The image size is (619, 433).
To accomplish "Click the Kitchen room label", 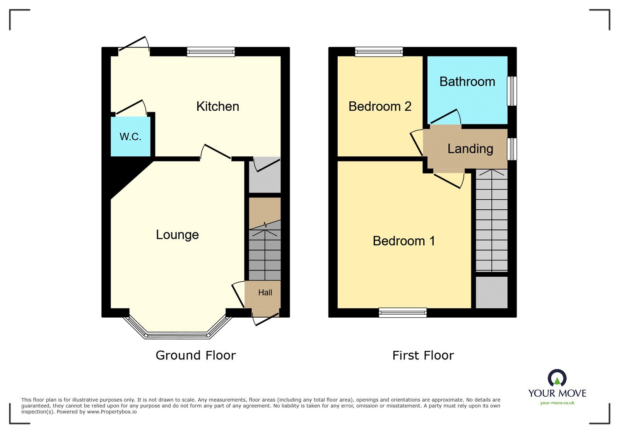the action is pyautogui.click(x=218, y=106).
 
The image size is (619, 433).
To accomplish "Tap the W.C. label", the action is pyautogui.click(x=130, y=137).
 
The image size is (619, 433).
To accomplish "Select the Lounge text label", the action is pyautogui.click(x=178, y=235).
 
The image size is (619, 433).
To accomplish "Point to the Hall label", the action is pyautogui.click(x=265, y=293).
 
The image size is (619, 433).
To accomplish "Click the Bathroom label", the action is pyautogui.click(x=467, y=82).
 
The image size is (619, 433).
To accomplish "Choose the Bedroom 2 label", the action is pyautogui.click(x=380, y=106).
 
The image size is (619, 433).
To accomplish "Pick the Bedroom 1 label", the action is pyautogui.click(x=404, y=241).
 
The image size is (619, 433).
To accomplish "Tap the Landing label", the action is pyautogui.click(x=470, y=149).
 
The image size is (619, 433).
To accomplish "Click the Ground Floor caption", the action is pyautogui.click(x=196, y=355).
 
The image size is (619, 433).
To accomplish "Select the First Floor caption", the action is pyautogui.click(x=423, y=355).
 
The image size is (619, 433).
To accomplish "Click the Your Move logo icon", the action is pyautogui.click(x=557, y=377).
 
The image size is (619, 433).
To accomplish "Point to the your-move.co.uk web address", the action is pyautogui.click(x=557, y=403).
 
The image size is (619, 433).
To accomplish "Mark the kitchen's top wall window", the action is pyautogui.click(x=211, y=52).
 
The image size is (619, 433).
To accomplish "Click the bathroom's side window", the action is pyautogui.click(x=512, y=91).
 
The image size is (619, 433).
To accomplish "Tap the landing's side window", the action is pyautogui.click(x=512, y=149).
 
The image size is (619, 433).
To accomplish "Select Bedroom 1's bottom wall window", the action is pyautogui.click(x=403, y=313).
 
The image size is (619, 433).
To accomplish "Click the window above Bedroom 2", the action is pyautogui.click(x=379, y=52).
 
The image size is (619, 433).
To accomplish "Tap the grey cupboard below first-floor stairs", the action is pyautogui.click(x=492, y=293).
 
